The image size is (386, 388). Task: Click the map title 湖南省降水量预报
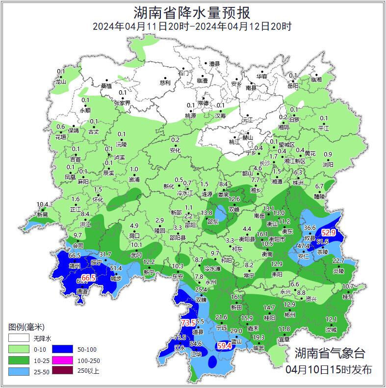point(192,12)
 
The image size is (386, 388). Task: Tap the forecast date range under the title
point(192,26)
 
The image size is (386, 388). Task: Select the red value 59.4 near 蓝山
point(224,346)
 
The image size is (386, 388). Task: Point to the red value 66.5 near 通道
point(88,278)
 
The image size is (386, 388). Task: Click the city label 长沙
point(264,162)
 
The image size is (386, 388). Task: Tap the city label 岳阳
point(293,85)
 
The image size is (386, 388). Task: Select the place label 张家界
point(122,103)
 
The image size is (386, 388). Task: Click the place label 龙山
point(61,82)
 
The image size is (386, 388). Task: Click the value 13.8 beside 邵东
point(206,213)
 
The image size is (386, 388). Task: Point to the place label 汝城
point(331,330)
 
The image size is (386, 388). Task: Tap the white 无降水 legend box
point(18,338)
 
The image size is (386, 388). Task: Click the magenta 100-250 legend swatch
point(63,360)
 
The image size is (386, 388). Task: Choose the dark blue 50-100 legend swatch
point(63,349)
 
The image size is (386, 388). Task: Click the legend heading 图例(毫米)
point(26,327)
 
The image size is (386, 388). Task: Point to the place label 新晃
point(42,214)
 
